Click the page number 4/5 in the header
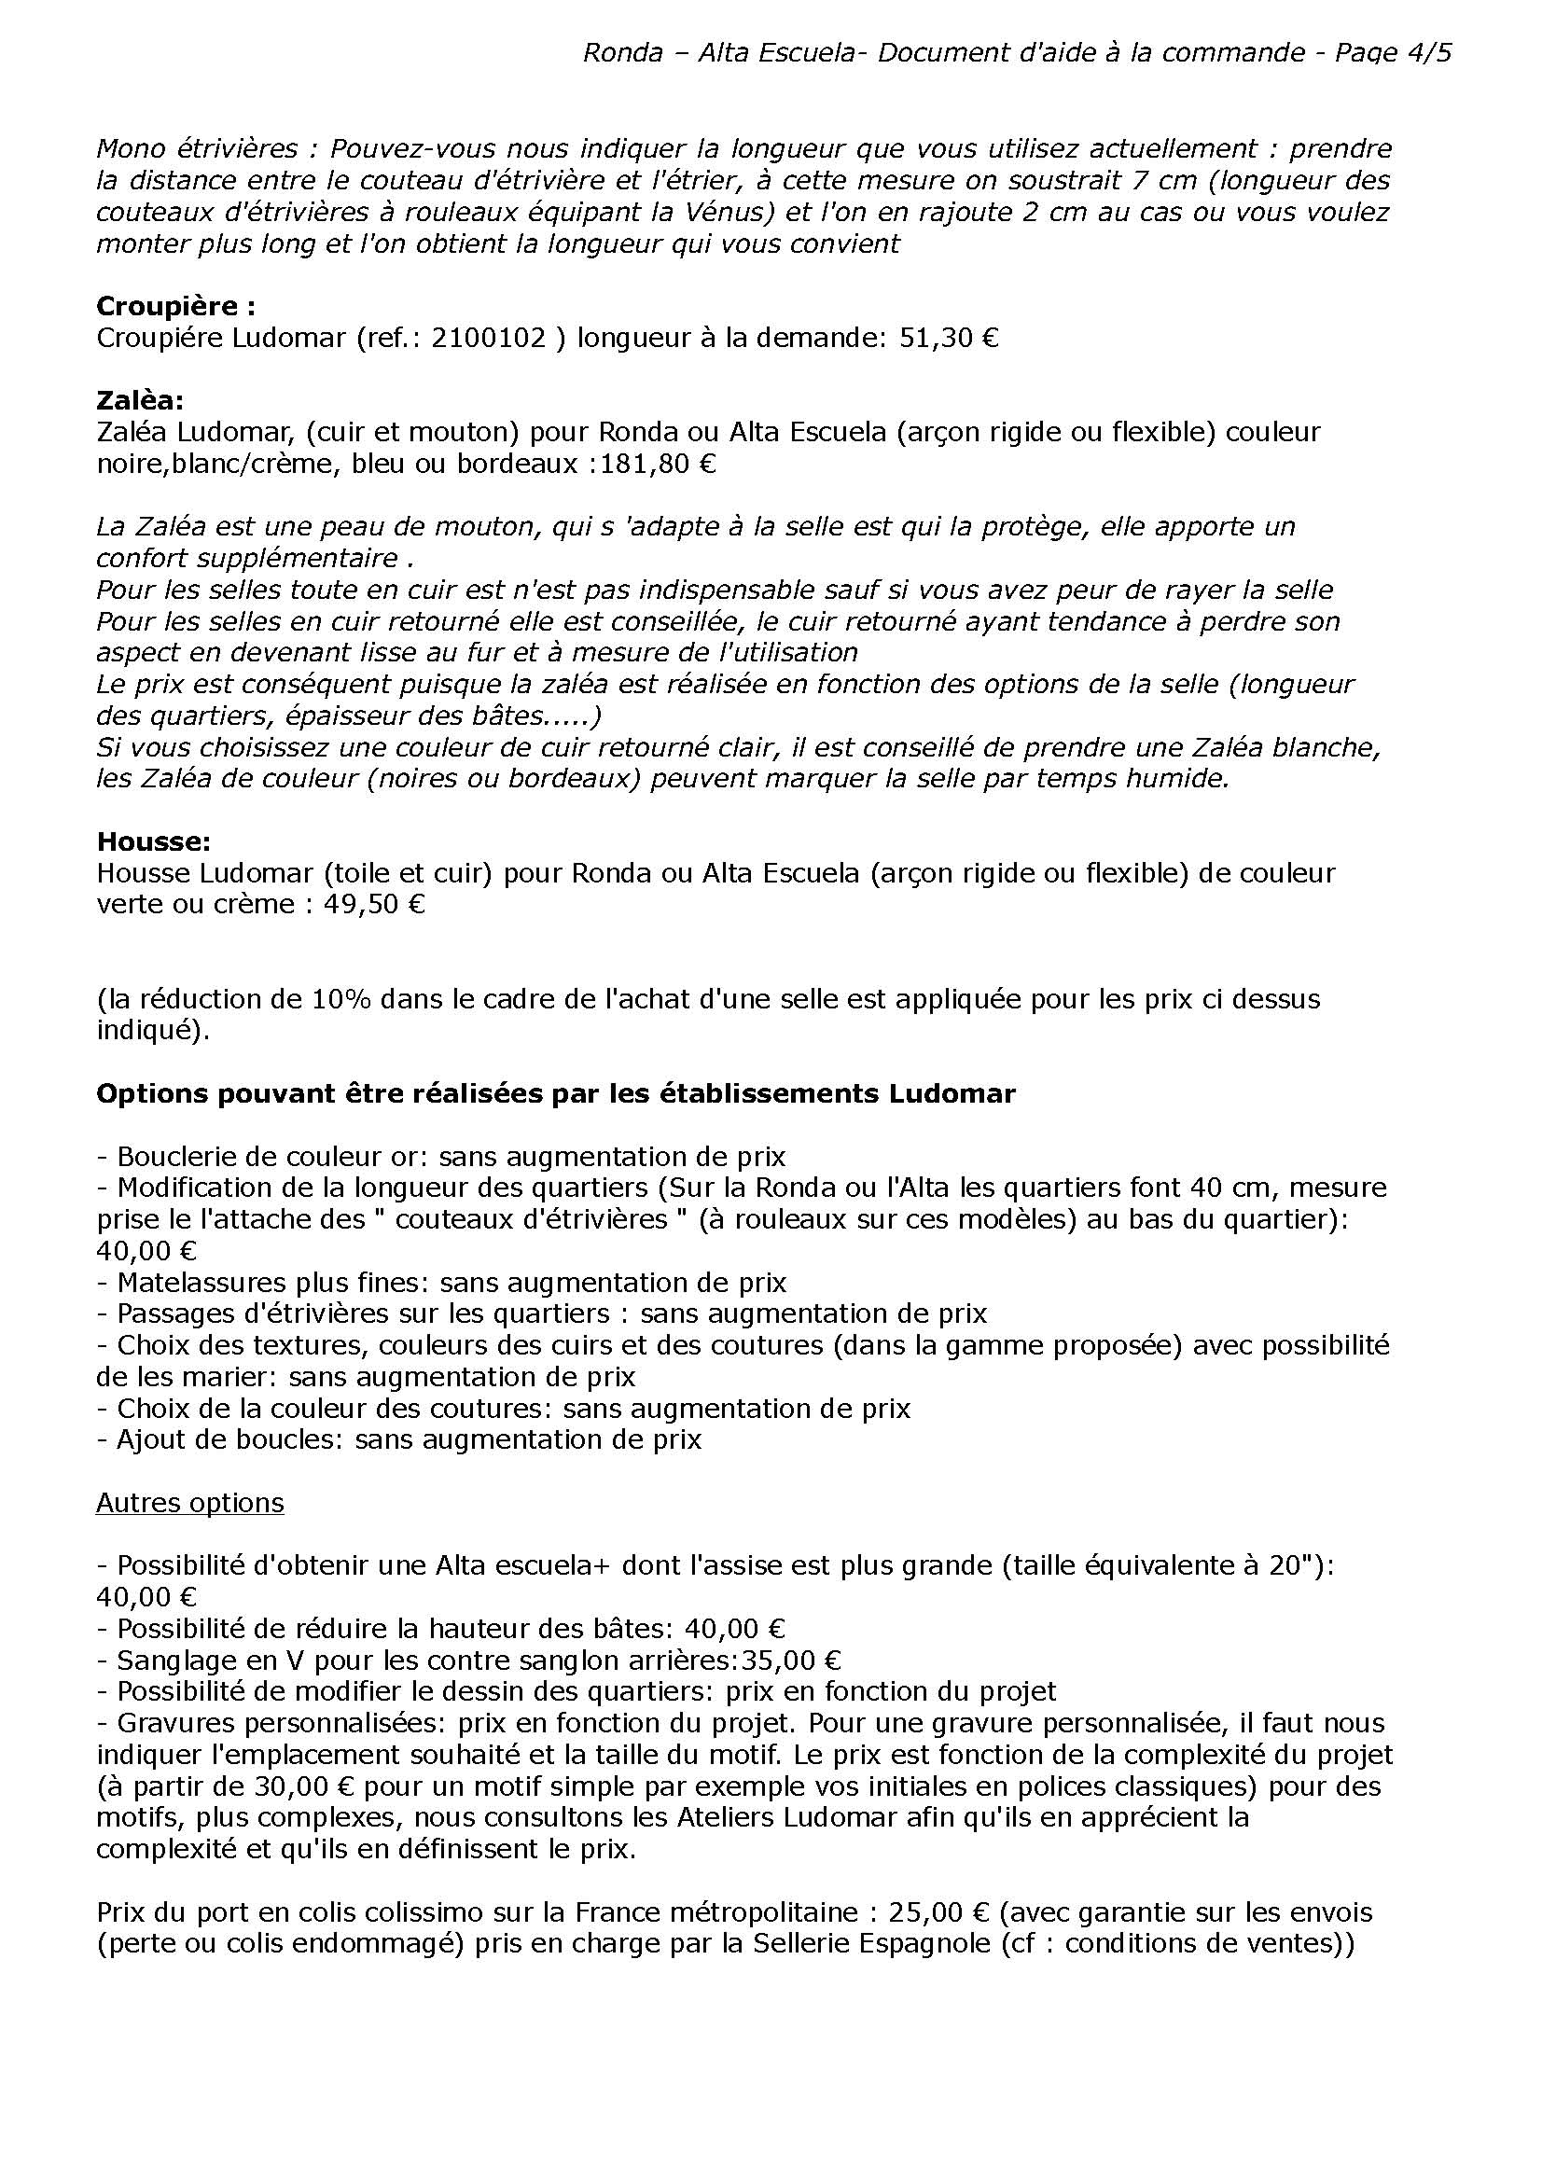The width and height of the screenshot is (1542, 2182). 1426,53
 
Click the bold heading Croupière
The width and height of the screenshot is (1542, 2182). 175,306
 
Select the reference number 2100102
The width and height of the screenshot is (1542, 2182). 489,339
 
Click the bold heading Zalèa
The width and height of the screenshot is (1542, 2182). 141,401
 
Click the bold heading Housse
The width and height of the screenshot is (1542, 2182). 153,841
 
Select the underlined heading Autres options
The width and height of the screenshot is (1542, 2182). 190,1503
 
